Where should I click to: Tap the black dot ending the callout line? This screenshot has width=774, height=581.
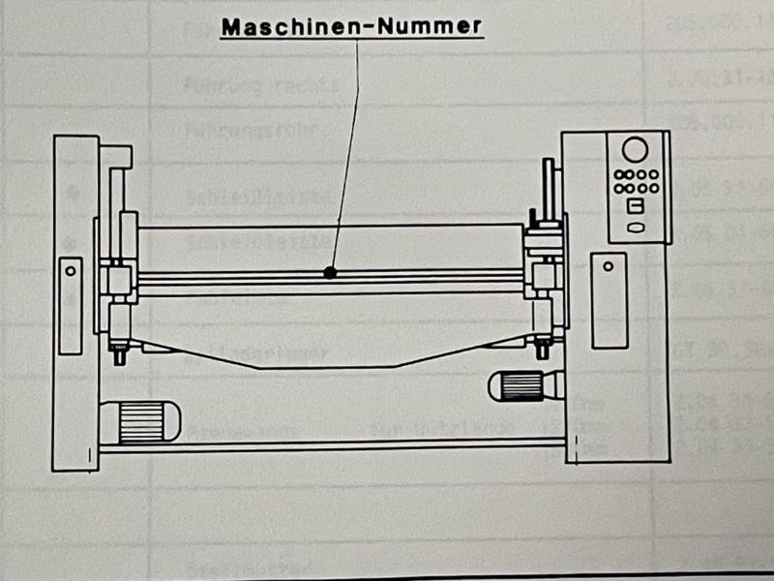click(331, 273)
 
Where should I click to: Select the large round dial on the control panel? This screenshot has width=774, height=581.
click(635, 149)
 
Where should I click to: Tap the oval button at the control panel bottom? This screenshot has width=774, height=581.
click(636, 229)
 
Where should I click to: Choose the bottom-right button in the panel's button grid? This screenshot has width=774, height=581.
click(653, 188)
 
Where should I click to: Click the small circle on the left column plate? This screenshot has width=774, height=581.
click(70, 272)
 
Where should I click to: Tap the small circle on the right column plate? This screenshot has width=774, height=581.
click(608, 265)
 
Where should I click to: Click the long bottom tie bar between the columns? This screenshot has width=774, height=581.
click(329, 446)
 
